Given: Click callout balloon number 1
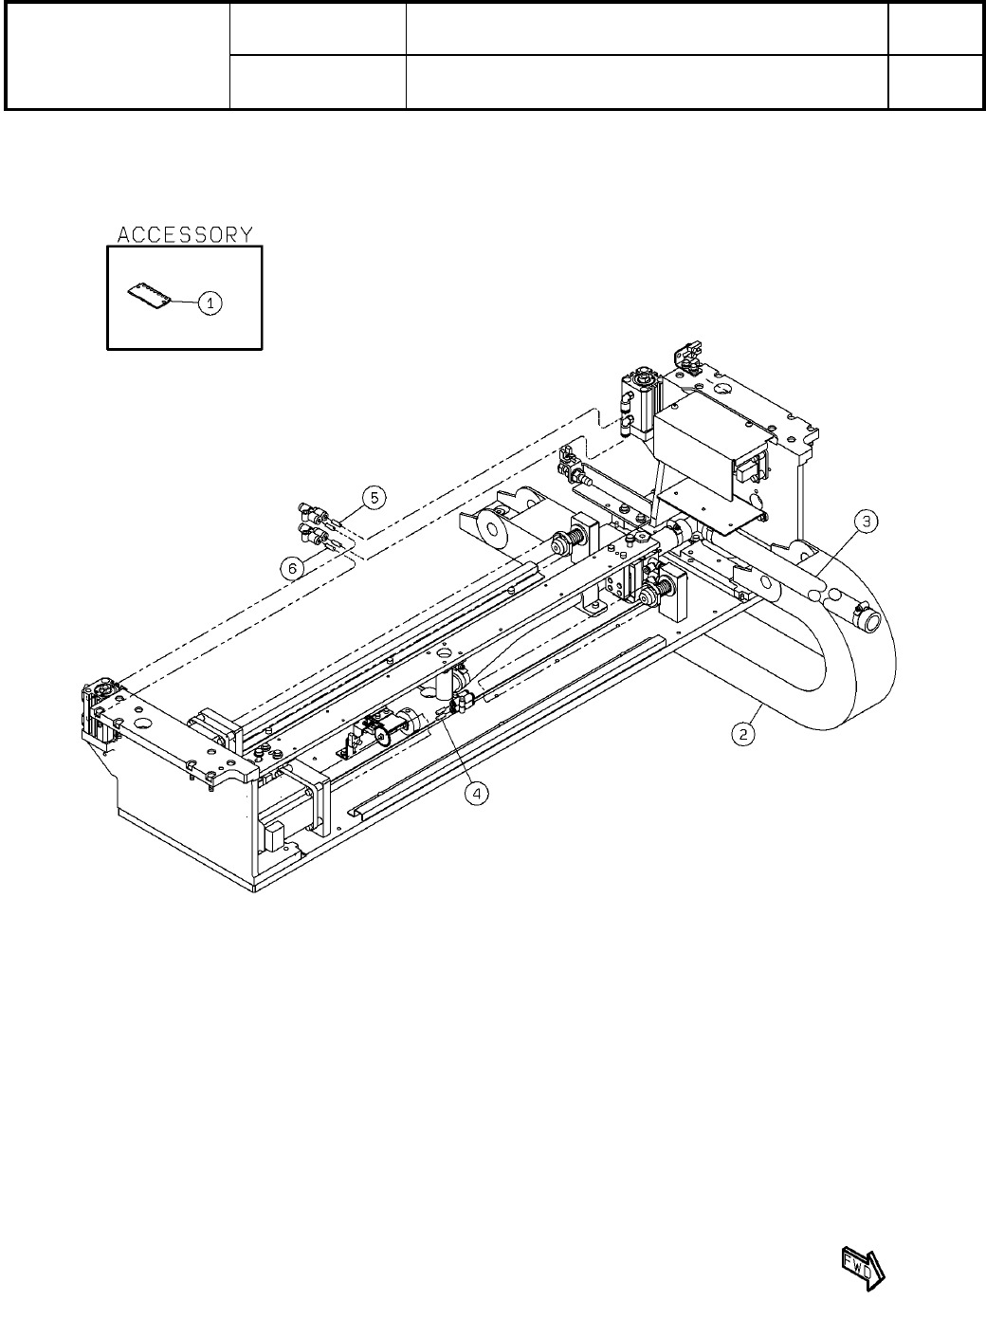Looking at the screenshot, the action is click(210, 302).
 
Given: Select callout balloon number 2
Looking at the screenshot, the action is click(743, 734).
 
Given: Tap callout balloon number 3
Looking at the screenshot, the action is click(866, 522).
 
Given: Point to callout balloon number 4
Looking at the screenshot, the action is click(477, 794).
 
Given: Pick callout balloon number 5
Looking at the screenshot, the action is click(374, 498).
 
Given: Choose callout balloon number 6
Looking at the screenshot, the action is click(292, 568).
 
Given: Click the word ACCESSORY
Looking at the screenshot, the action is click(185, 235).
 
